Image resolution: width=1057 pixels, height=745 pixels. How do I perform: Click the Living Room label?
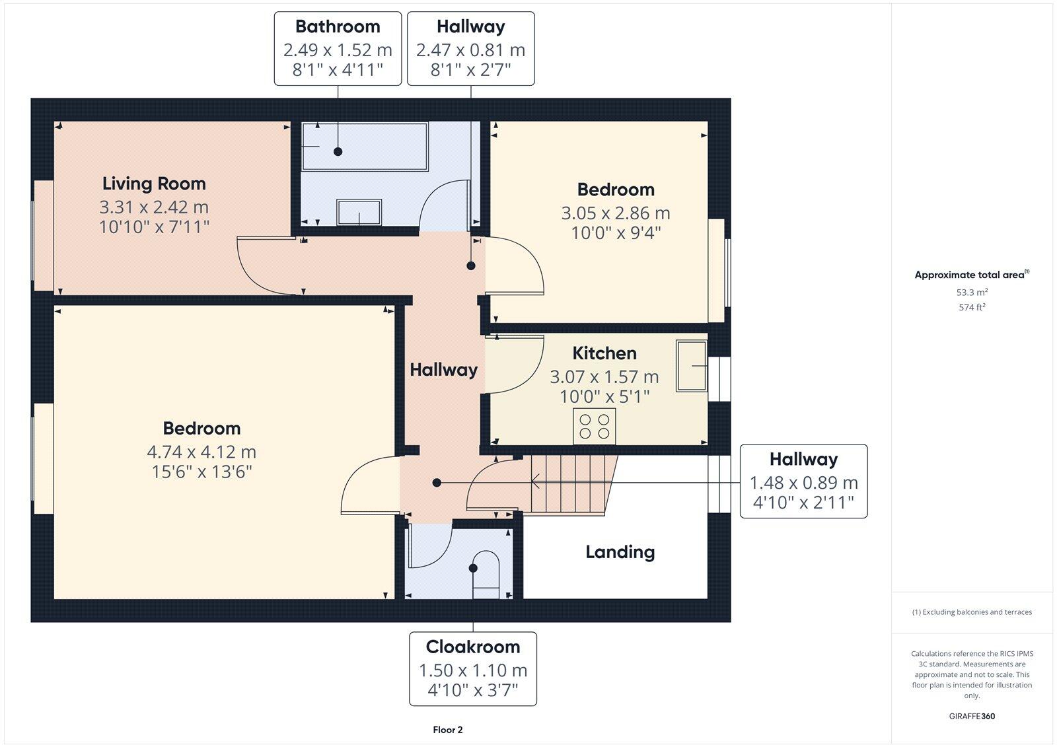click(154, 184)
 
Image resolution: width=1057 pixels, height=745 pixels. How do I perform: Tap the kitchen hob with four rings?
click(595, 426)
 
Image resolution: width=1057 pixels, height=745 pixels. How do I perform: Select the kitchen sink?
click(692, 366)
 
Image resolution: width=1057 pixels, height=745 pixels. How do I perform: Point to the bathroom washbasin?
click(359, 213)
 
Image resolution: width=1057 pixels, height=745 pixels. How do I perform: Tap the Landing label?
click(620, 551)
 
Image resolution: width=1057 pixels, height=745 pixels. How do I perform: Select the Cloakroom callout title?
click(472, 647)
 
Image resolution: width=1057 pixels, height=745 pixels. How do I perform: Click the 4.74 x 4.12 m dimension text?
click(201, 452)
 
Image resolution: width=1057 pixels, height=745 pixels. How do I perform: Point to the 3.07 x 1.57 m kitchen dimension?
click(604, 377)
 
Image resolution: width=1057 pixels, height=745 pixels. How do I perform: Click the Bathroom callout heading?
click(338, 26)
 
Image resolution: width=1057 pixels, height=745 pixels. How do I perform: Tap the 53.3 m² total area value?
click(972, 292)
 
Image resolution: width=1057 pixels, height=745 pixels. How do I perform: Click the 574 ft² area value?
click(972, 307)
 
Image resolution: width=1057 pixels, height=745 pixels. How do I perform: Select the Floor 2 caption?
click(448, 730)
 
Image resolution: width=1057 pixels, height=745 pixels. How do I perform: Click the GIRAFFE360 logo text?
click(972, 716)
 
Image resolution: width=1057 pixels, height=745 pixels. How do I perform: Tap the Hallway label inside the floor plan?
click(443, 370)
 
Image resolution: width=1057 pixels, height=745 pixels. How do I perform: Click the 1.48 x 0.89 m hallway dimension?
click(803, 483)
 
